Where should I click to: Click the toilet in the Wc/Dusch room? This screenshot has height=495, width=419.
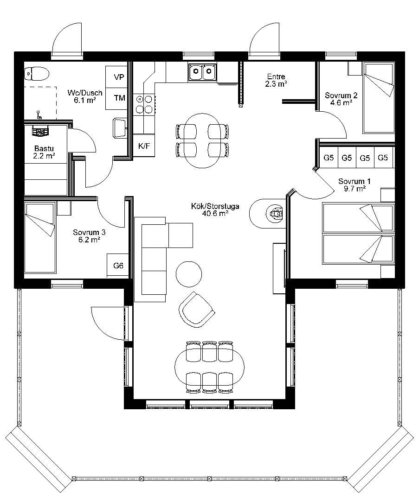pos(37,74)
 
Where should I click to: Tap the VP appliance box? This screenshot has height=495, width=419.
pos(116,77)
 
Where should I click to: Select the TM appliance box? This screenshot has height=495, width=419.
pos(116,99)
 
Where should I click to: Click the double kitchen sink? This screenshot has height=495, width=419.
pos(202,72)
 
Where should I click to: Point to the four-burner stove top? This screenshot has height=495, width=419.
pos(144,104)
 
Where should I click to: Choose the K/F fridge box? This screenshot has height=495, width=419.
pos(144,146)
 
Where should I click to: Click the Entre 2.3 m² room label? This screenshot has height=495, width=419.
pos(277,80)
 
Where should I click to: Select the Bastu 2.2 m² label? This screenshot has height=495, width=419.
pos(44,152)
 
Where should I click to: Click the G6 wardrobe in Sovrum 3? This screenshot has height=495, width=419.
pos(118,266)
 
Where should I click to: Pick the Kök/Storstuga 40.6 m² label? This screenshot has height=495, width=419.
pos(215,209)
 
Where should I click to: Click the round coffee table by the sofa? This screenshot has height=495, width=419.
pos(189,274)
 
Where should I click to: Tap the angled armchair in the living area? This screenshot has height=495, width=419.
pos(197,310)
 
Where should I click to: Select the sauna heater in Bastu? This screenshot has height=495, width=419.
pos(40,131)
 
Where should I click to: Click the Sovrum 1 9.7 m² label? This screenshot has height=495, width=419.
pos(354,185)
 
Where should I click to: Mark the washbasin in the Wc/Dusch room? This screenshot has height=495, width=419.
pos(120,128)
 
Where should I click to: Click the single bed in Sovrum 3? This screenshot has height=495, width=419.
pos(40,238)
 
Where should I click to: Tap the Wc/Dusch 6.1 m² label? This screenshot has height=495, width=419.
pos(85,96)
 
